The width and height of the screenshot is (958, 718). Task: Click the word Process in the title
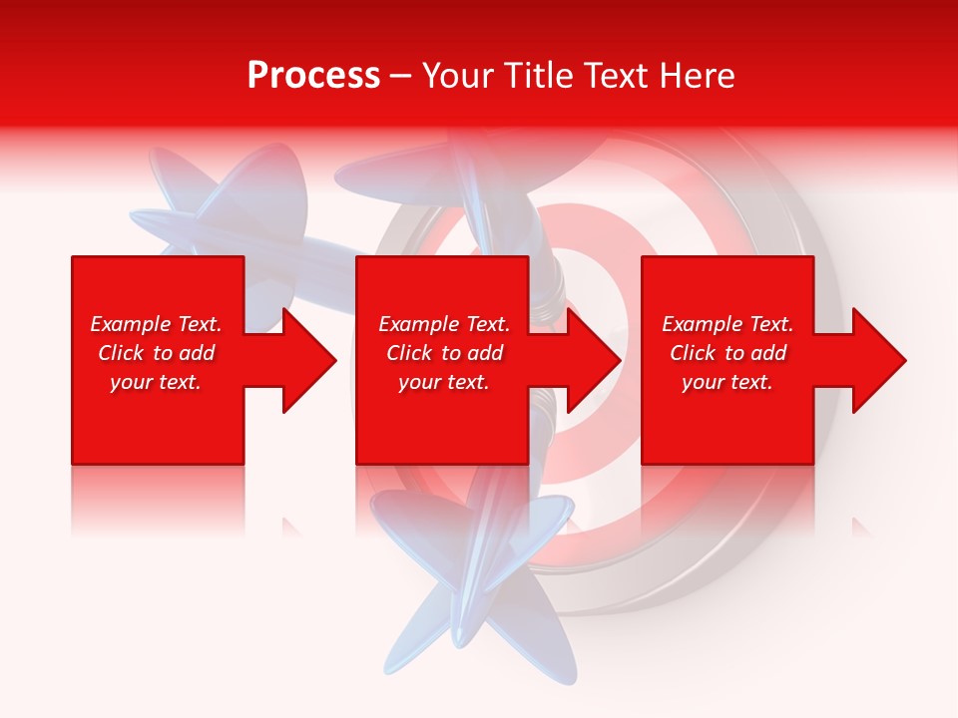[313, 76]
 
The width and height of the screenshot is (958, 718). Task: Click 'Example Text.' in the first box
[156, 324]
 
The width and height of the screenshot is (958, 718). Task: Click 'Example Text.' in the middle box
[444, 324]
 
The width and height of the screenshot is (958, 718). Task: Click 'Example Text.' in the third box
[727, 324]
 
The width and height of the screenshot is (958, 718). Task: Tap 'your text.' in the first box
[156, 382]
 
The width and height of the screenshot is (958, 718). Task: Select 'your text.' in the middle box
[444, 382]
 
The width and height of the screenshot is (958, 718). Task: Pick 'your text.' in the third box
[727, 382]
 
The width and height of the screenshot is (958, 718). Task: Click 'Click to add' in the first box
[156, 353]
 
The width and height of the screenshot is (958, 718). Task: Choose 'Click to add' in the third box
[727, 353]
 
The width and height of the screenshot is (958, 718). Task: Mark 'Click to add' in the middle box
[444, 353]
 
